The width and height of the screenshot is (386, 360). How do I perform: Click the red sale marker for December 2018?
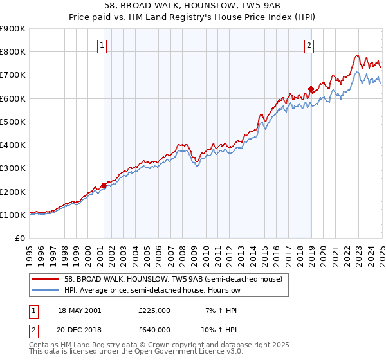[x=311, y=89]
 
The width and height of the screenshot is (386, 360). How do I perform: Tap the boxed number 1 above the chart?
[x=103, y=45]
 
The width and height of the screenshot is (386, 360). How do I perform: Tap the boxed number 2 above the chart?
[x=309, y=45]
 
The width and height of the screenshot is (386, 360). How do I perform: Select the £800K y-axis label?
[x=13, y=52]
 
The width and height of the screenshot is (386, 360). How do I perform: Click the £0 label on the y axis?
[x=19, y=238]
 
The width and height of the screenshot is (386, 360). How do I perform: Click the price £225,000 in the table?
[x=154, y=310]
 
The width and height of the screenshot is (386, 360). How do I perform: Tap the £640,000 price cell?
[x=154, y=329]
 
